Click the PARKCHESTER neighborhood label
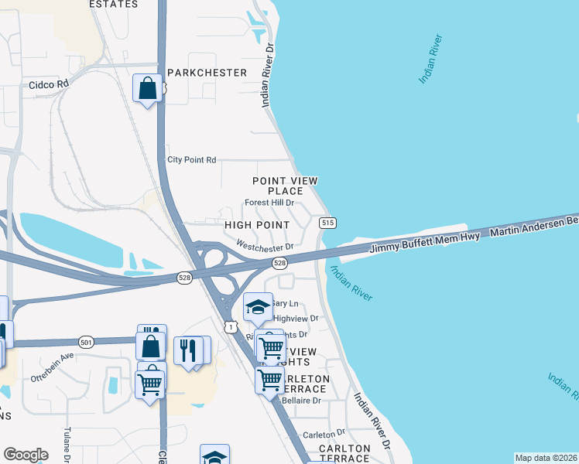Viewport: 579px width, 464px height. click(207, 73)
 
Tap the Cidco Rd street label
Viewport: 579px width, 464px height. click(49, 84)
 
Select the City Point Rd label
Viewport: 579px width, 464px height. click(192, 160)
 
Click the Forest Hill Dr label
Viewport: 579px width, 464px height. click(269, 203)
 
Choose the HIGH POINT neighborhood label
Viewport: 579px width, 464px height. click(256, 225)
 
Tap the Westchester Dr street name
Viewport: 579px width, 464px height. click(266, 247)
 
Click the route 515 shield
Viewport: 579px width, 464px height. click(327, 223)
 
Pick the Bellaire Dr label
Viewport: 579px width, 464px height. click(304, 401)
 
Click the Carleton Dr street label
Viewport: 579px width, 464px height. click(324, 435)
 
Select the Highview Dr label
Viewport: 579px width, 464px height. click(296, 319)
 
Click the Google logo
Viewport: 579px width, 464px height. click(26, 454)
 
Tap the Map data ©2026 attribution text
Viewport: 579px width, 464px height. click(546, 458)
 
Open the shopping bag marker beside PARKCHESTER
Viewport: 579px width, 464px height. click(147, 89)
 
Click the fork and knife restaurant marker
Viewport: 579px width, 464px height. click(188, 350)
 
